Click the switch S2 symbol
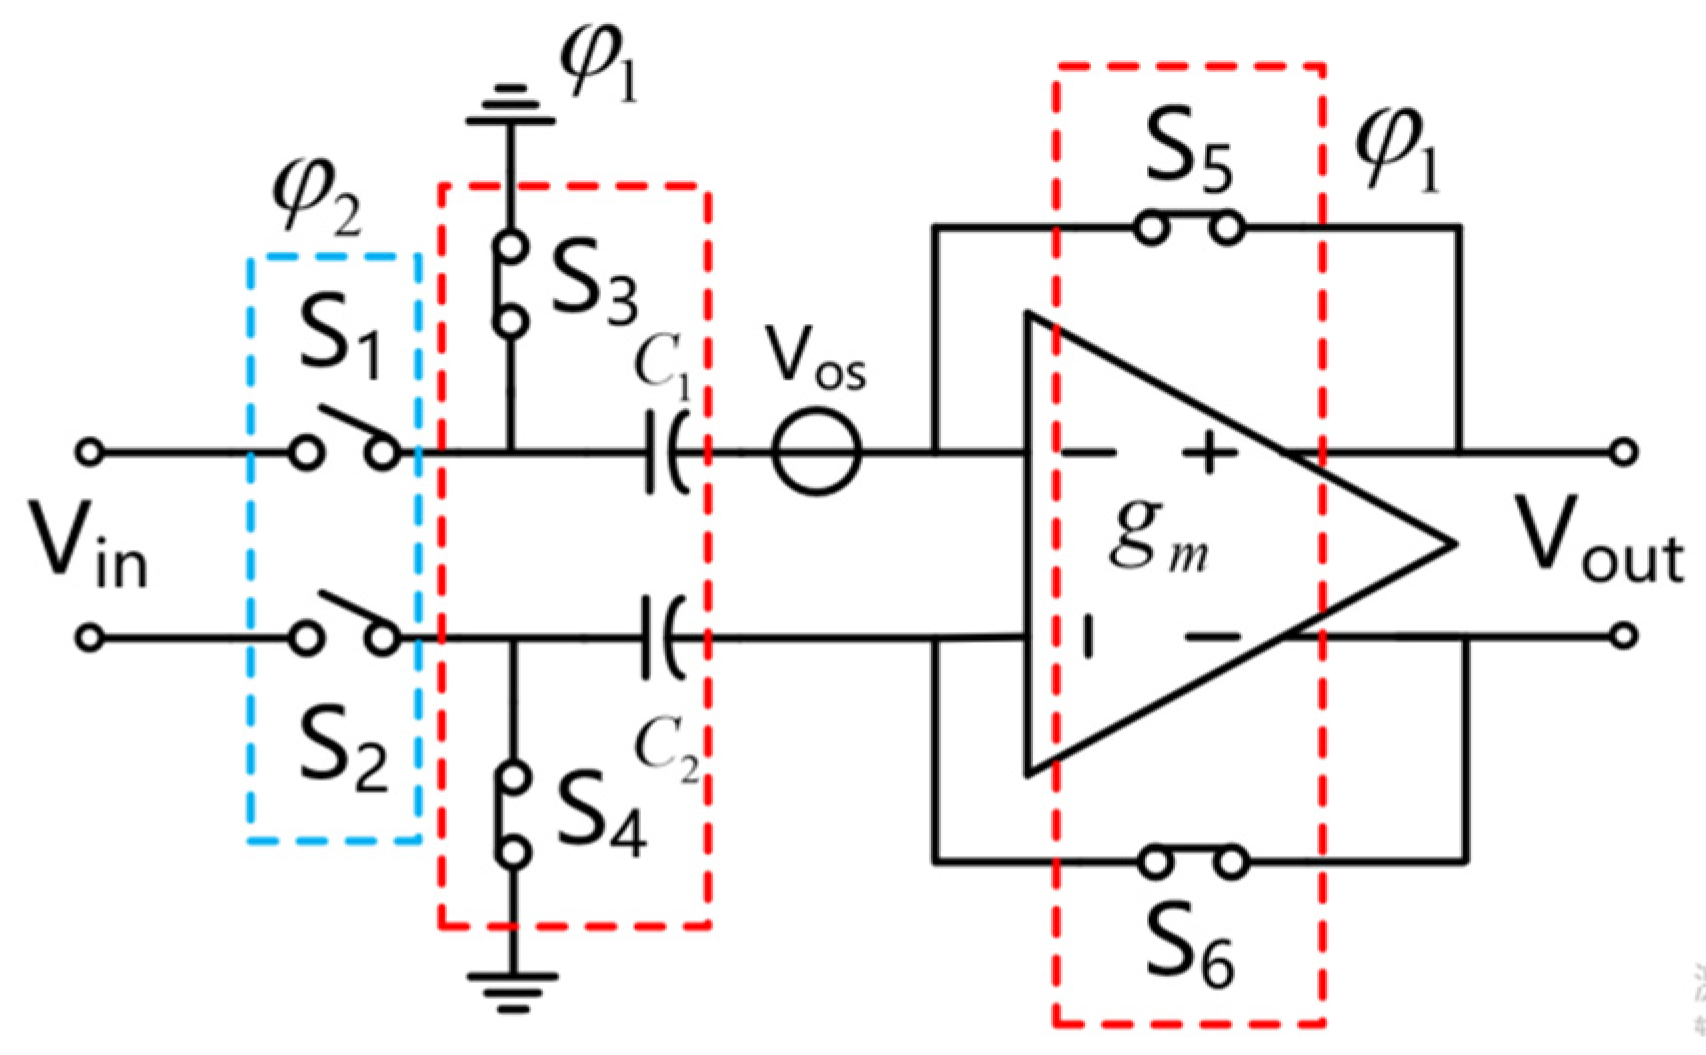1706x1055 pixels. pos(345,622)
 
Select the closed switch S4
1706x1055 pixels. pos(513,814)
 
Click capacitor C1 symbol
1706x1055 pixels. pos(665,452)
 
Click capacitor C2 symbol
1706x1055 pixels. pos(665,637)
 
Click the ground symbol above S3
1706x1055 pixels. pos(511,106)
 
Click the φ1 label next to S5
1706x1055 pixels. pos(1398,153)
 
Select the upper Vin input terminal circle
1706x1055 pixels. pos(90,453)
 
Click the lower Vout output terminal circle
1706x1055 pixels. pos(1624,635)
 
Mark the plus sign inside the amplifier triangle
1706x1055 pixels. pos(1210,453)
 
